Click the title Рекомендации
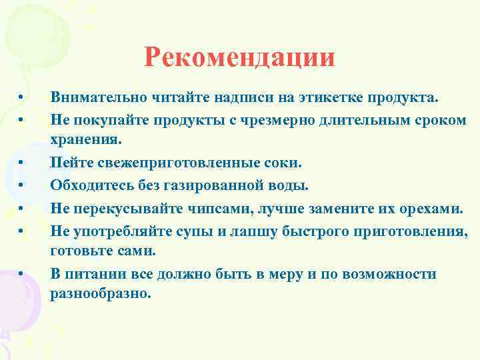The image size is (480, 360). pos(239,58)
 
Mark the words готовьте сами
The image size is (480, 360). pos(102,251)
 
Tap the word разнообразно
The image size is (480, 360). pos(101,294)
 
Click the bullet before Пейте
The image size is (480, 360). pos(22,163)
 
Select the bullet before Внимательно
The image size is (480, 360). pos(22,98)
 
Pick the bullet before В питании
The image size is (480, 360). pos(22,273)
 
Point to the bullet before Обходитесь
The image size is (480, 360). pos(22,185)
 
